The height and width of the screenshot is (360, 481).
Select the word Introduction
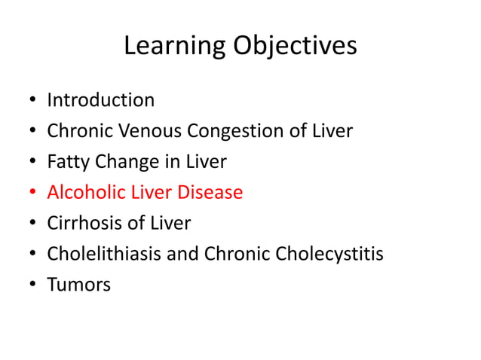101,100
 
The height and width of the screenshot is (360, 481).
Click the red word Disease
210,193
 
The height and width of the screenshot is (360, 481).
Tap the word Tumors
78,285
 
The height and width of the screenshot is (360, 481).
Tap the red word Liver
152,193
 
